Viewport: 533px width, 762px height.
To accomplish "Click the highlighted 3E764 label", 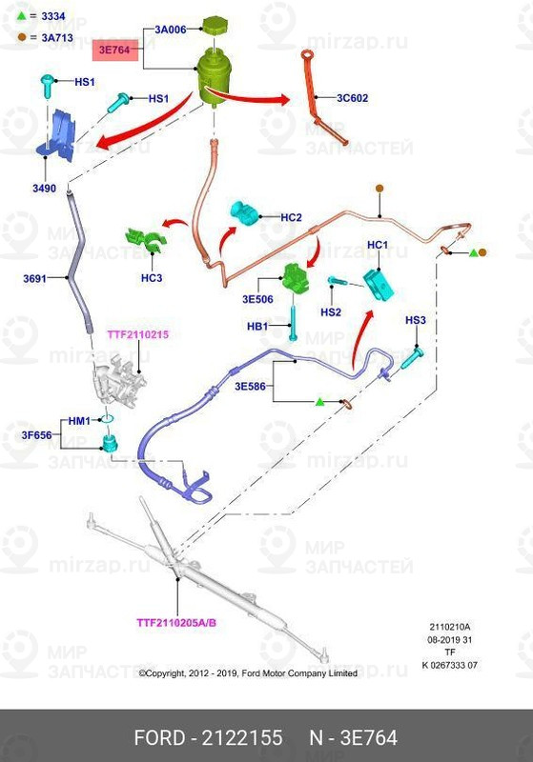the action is [x=115, y=50].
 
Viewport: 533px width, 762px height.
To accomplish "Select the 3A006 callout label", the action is [x=171, y=30].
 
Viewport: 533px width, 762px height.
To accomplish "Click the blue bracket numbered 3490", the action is [x=58, y=134].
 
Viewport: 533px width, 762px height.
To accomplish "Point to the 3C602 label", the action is [x=353, y=98].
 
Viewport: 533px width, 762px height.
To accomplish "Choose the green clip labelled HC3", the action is [x=146, y=240].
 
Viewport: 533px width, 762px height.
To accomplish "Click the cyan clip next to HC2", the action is [x=244, y=213].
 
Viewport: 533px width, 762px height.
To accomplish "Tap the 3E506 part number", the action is [x=257, y=299].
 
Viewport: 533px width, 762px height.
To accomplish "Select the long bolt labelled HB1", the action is [x=293, y=322].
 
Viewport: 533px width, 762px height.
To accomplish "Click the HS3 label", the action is [x=416, y=320].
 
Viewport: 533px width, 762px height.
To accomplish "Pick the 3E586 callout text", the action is [x=251, y=387].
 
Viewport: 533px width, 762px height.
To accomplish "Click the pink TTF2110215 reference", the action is [x=138, y=334].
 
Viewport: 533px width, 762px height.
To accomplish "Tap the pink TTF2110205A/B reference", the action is [x=176, y=623].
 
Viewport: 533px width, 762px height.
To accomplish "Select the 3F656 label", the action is [x=36, y=435].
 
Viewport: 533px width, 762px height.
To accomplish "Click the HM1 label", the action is [x=79, y=421].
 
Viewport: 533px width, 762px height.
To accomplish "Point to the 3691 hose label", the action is [x=34, y=278].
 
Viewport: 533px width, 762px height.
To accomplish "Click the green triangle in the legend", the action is [x=21, y=15].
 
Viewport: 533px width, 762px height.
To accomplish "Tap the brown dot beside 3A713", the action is [x=21, y=36].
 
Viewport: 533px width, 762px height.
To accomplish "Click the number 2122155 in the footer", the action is [x=241, y=737].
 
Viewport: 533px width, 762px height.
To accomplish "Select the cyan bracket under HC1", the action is [x=379, y=285].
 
